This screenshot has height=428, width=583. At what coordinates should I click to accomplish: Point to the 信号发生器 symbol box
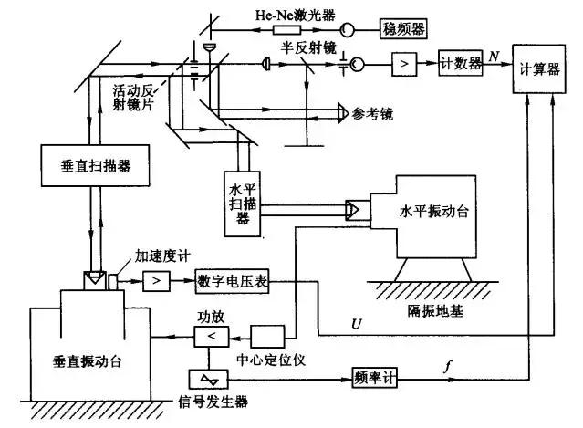coord(209,377)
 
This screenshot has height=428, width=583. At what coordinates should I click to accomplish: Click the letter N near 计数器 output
coord(494,56)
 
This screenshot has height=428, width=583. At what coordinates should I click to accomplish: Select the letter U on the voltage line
coord(357,324)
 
